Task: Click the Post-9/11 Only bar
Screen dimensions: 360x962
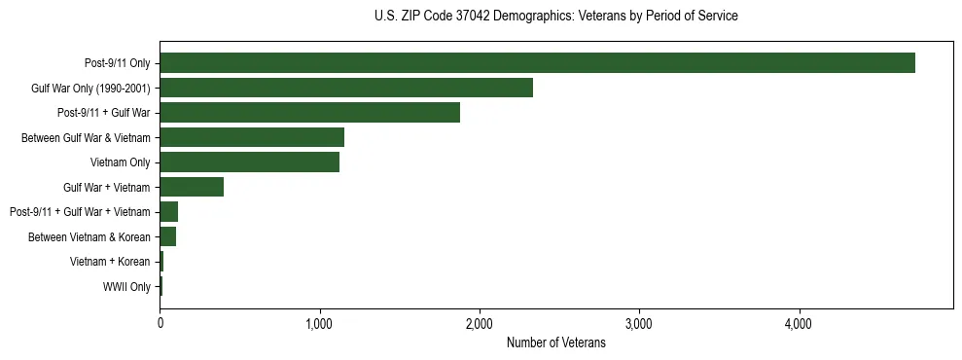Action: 537,63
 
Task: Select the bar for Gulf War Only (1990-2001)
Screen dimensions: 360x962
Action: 346,88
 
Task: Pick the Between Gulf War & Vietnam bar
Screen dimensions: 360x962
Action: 252,137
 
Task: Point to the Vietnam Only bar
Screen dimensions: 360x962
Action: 249,162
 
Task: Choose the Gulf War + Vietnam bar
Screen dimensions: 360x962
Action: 192,187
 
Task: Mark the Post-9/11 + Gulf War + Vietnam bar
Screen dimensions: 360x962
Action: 169,212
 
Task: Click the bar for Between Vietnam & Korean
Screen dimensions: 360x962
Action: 168,236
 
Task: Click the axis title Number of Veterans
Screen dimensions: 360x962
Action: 555,342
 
